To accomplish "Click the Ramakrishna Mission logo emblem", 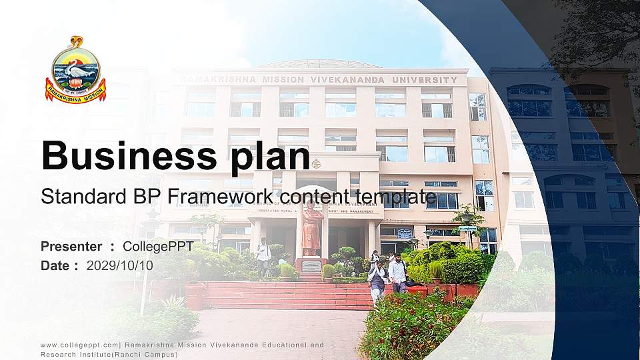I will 75,70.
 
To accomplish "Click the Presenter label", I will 71,247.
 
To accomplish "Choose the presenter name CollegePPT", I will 158,247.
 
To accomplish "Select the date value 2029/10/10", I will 119,265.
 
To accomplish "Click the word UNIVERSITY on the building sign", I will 425,80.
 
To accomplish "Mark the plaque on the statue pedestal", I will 311,266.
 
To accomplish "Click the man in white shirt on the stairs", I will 397,273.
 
